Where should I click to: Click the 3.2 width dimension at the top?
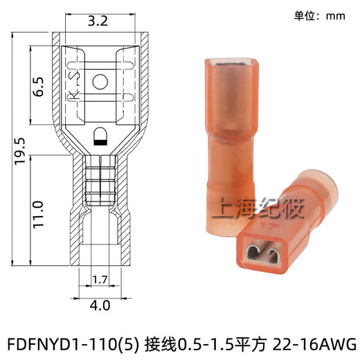click(x=98, y=21)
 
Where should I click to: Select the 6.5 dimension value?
click(x=39, y=86)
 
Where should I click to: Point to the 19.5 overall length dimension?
click(x=19, y=150)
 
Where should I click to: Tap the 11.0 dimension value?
click(x=39, y=215)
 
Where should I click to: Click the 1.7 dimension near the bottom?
click(x=99, y=280)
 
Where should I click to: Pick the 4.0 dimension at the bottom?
click(x=98, y=303)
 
